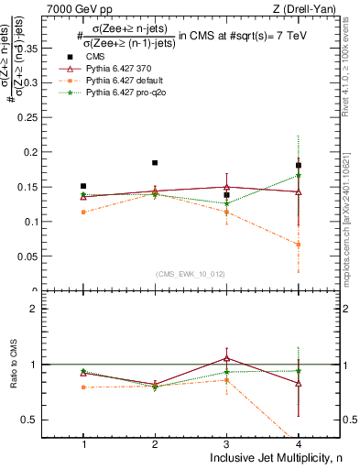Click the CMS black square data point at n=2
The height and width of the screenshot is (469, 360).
155,163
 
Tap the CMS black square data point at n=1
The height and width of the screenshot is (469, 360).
83,186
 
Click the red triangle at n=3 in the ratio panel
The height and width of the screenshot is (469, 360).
226,358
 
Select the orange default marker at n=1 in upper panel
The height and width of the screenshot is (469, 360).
83,212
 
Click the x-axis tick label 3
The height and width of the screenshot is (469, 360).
226,443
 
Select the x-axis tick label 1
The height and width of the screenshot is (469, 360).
83,443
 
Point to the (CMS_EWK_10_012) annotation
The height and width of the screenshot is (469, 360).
191,274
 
